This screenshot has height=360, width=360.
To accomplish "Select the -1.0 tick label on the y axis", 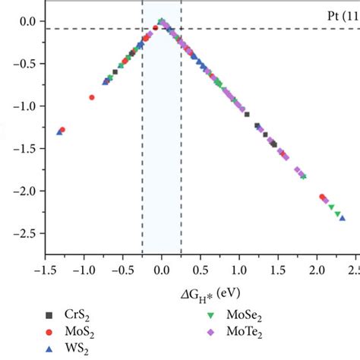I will pos(24,106).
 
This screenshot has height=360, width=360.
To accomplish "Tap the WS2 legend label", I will pos(77,349).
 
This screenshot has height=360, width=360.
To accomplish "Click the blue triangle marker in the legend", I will pos(49,349).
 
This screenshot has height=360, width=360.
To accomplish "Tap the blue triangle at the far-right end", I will pos(343,218).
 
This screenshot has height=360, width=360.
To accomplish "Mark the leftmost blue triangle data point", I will pos(59,132).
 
